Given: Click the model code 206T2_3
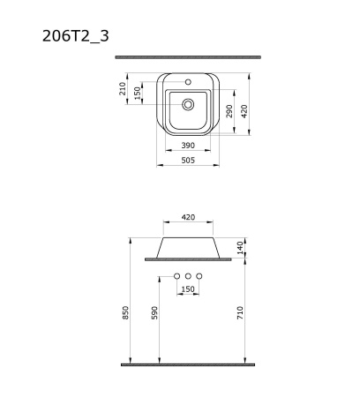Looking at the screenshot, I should tap(76, 35).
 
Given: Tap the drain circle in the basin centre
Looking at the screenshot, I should tap(188, 104).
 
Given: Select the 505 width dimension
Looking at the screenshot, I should tap(188, 160).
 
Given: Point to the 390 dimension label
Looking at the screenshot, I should tap(188, 144).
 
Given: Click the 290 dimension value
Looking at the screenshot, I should tap(229, 111).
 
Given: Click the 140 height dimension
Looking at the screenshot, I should tap(240, 247).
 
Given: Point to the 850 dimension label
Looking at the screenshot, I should tap(126, 313).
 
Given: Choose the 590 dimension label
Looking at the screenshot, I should tap(154, 313).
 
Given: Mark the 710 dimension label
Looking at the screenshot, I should tap(240, 313).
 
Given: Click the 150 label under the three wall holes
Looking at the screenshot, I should tap(188, 289).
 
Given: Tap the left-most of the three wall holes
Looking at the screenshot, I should tap(176, 277).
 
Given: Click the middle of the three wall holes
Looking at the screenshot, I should tap(188, 277).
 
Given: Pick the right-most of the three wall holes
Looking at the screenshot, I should tap(199, 277).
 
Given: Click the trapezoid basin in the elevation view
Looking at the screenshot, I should tap(188, 247).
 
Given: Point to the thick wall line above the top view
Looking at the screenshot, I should tap(188, 57).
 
